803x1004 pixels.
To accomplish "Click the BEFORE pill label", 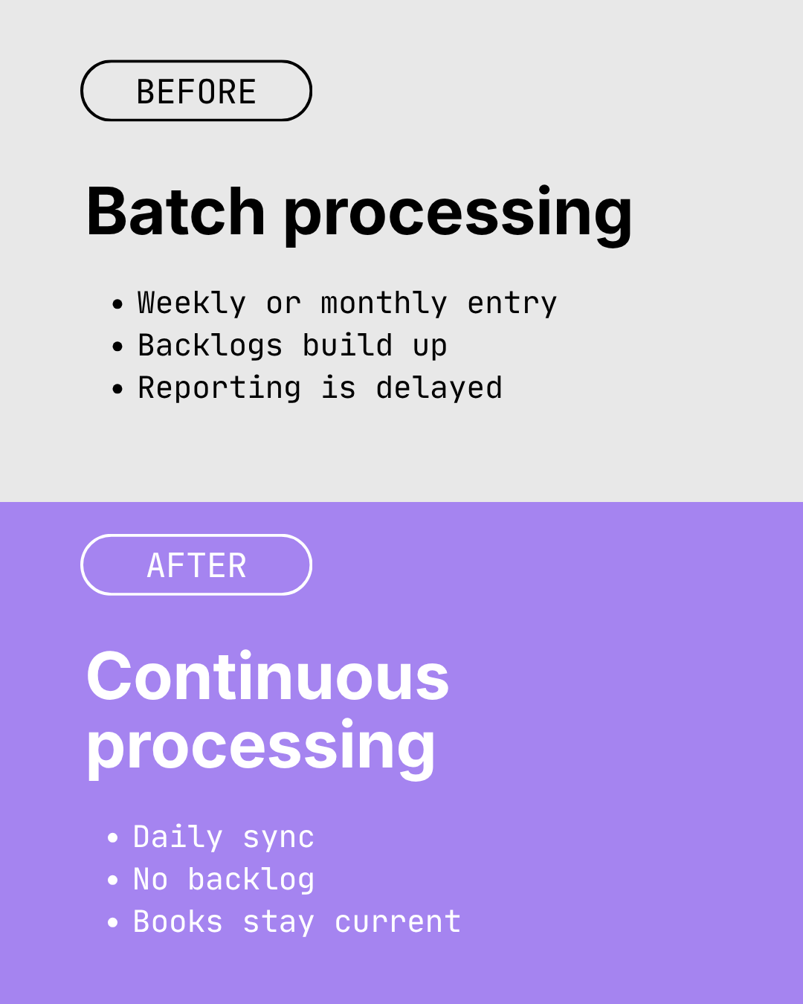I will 196,91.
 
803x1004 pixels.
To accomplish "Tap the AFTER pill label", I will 196,565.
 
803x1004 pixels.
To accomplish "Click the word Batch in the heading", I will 175,213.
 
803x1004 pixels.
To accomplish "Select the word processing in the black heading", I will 458,216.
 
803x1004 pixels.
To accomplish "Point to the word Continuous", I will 268,677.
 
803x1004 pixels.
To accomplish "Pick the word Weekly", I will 192,303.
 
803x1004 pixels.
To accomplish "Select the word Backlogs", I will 210,347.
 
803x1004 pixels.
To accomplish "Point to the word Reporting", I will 219,389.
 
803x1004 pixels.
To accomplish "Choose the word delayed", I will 439,389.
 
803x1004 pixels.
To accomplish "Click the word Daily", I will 178,838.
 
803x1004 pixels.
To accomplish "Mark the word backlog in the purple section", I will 251,881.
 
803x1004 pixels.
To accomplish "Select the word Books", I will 178,922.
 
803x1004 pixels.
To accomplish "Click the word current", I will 398,922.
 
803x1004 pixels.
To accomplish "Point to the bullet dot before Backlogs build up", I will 117,347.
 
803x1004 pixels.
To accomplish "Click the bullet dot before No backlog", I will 113,881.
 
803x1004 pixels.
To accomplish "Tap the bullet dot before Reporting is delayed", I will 117,389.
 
